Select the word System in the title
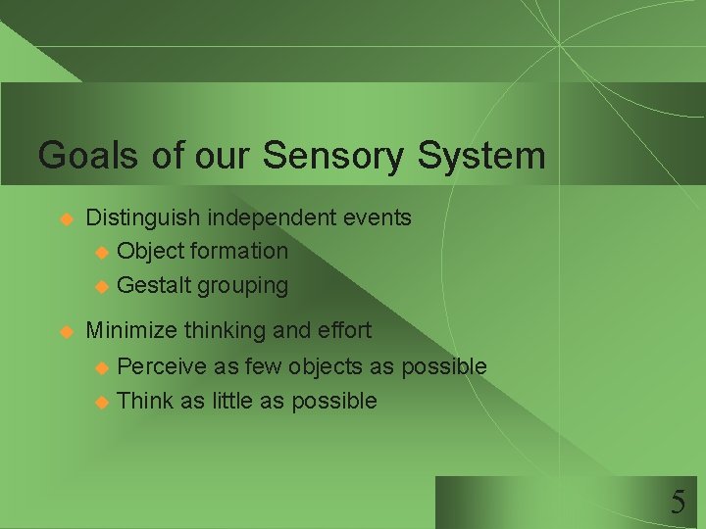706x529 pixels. [x=481, y=156]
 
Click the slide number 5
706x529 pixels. [x=678, y=504]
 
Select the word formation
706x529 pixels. [x=239, y=251]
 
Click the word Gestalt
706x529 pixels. [x=154, y=285]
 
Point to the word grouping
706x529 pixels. [x=243, y=286]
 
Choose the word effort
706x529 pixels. [x=343, y=330]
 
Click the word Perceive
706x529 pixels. [x=162, y=366]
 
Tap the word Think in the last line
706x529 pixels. [x=144, y=401]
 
